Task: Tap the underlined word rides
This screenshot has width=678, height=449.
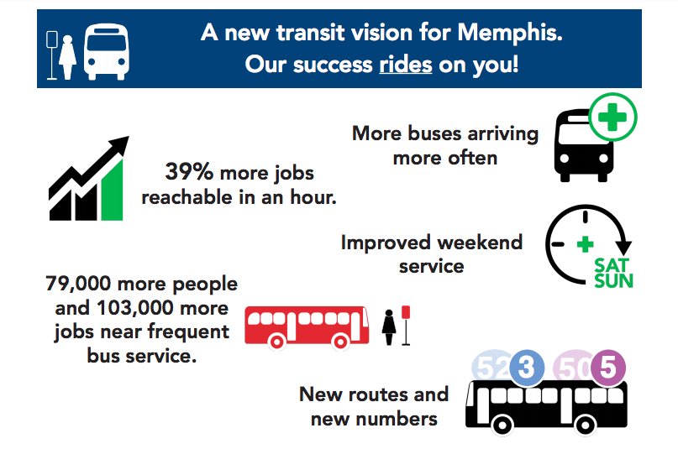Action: tap(405, 64)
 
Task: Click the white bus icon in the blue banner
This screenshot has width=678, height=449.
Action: tap(108, 53)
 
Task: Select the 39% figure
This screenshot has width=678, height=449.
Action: tap(190, 173)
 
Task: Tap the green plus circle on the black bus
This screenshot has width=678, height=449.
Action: tap(612, 117)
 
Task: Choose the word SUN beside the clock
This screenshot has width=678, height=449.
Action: tap(613, 279)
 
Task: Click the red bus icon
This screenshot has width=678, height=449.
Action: tap(306, 326)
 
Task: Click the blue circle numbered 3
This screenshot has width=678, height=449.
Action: tap(527, 367)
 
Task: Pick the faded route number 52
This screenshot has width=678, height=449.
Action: tap(490, 367)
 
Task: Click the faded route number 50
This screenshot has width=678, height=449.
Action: tap(570, 367)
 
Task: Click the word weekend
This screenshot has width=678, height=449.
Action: tap(477, 243)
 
